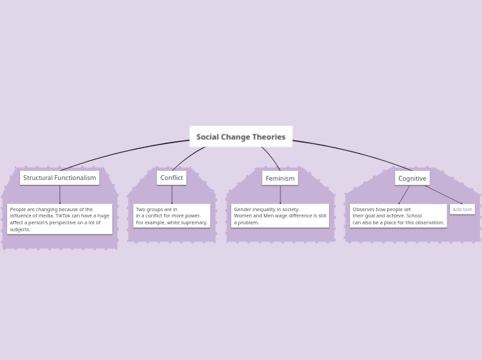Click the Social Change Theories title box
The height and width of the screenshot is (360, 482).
[x=240, y=136]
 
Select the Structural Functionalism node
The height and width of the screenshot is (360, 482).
[x=60, y=178]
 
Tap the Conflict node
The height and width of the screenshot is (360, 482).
[x=171, y=178]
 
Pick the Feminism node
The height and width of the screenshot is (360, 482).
[x=280, y=178]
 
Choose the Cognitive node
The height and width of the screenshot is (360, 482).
[x=412, y=178]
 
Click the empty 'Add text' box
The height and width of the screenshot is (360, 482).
[x=462, y=209]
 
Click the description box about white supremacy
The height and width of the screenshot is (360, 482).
[x=171, y=215]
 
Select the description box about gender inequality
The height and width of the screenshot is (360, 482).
[x=280, y=215]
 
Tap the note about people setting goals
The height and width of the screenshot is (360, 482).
[x=398, y=215]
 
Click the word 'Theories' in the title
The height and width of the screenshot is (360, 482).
[x=269, y=137]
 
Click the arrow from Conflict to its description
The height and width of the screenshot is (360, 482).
[x=172, y=195]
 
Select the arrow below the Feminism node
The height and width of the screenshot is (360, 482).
[x=280, y=195]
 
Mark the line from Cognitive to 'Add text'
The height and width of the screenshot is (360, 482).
[x=443, y=195]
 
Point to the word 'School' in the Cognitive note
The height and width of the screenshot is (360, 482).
[x=413, y=216]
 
